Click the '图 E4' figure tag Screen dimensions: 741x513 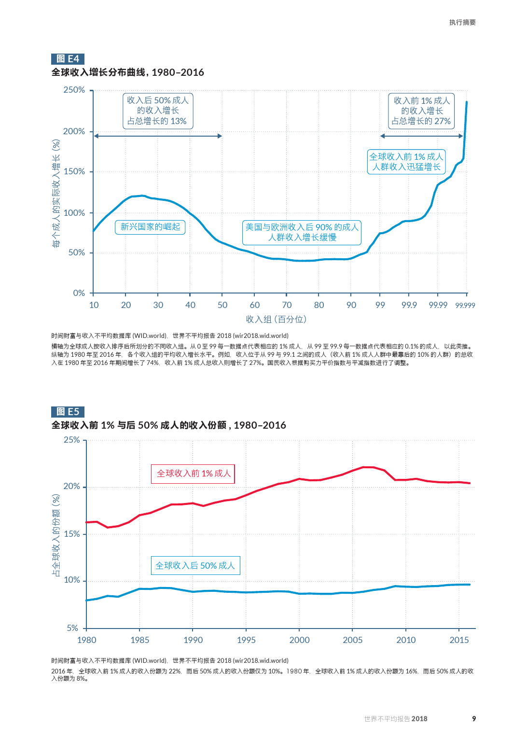click(x=68, y=59)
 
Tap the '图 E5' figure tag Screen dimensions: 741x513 click(x=68, y=412)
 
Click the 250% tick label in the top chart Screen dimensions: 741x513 click(x=74, y=90)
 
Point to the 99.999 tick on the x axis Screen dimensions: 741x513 click(x=465, y=306)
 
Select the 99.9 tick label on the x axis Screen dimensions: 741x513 click(x=409, y=305)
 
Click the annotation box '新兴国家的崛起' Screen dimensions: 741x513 click(x=150, y=227)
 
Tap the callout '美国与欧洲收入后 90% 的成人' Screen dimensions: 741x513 click(x=302, y=232)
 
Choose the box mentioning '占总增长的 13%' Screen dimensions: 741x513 click(x=157, y=111)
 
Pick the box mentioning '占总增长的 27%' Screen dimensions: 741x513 click(x=421, y=111)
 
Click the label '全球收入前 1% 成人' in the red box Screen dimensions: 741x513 click(x=194, y=474)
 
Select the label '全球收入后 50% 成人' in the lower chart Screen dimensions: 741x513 click(x=195, y=566)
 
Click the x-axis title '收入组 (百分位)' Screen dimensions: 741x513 click(x=276, y=320)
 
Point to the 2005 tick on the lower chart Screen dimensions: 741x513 click(x=353, y=640)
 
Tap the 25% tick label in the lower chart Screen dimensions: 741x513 click(x=72, y=440)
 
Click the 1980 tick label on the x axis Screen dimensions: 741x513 click(x=87, y=640)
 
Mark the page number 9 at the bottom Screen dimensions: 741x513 click(x=474, y=719)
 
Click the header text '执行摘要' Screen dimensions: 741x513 click(x=462, y=23)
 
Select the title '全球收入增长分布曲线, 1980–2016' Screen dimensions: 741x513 click(x=128, y=72)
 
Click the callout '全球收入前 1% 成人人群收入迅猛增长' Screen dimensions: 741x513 click(x=406, y=162)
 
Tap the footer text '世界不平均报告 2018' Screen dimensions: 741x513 click(x=396, y=719)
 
